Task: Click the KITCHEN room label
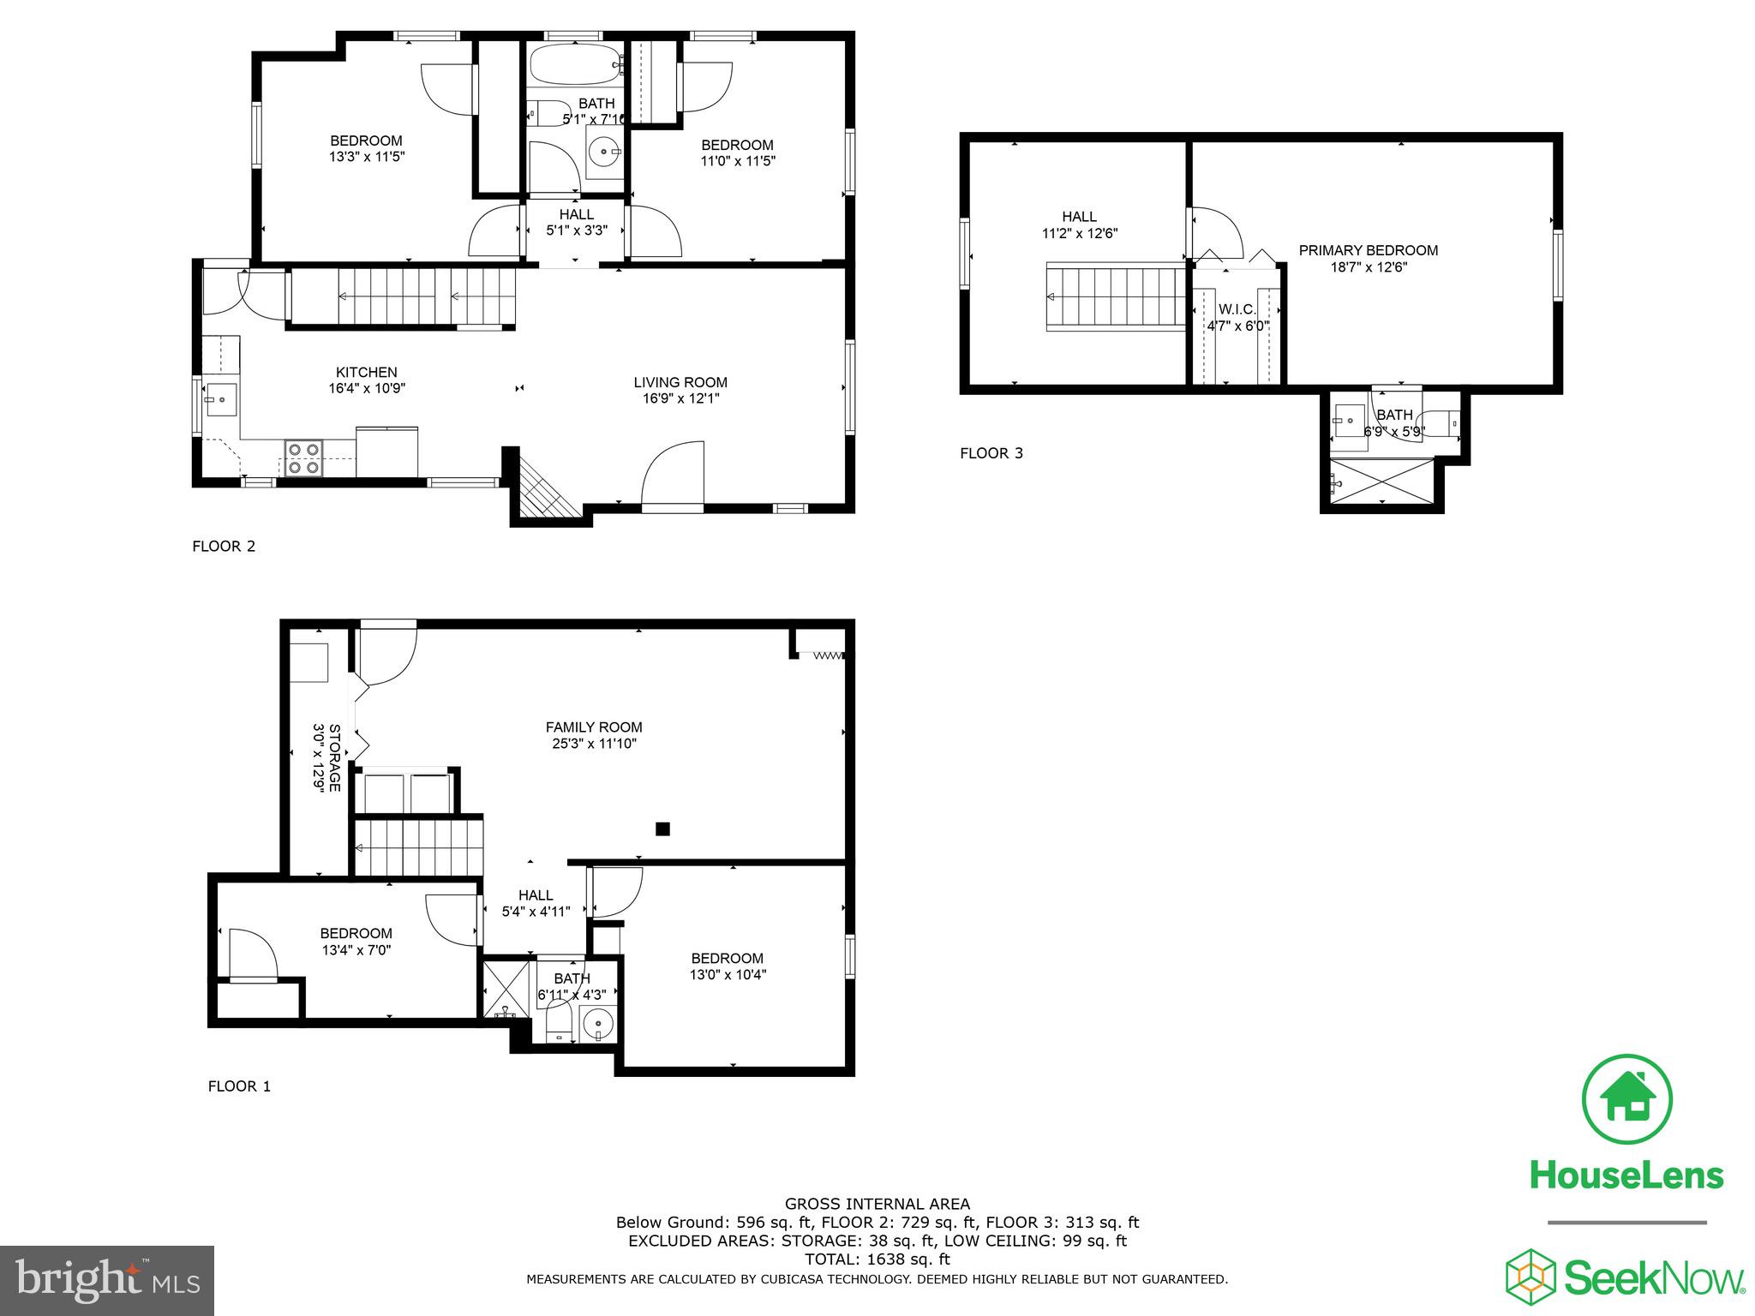click(366, 372)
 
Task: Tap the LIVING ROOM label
click(680, 382)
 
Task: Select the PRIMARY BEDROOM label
click(1368, 250)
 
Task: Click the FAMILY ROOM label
click(594, 727)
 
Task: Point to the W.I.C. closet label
click(1237, 308)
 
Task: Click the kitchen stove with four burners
click(304, 458)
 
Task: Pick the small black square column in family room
click(662, 828)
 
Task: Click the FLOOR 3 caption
click(991, 453)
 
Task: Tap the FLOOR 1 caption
click(239, 1086)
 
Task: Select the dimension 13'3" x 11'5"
click(366, 157)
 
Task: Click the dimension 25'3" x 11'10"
click(594, 744)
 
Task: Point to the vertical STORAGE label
click(326, 758)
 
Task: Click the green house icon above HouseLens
click(1626, 1100)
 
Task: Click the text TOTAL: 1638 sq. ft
click(877, 1259)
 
